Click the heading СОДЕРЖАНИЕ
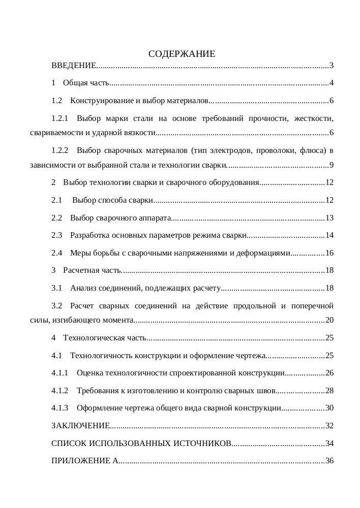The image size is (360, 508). [182, 54]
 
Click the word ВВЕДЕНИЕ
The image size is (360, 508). [73, 66]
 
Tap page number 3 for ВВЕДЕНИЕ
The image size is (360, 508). [331, 66]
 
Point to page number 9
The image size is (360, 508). [331, 165]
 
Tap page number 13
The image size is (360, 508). [329, 218]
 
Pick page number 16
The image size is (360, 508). [329, 253]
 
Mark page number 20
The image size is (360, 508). [329, 320]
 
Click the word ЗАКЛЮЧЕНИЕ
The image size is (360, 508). [80, 426]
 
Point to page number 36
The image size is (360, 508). [329, 461]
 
